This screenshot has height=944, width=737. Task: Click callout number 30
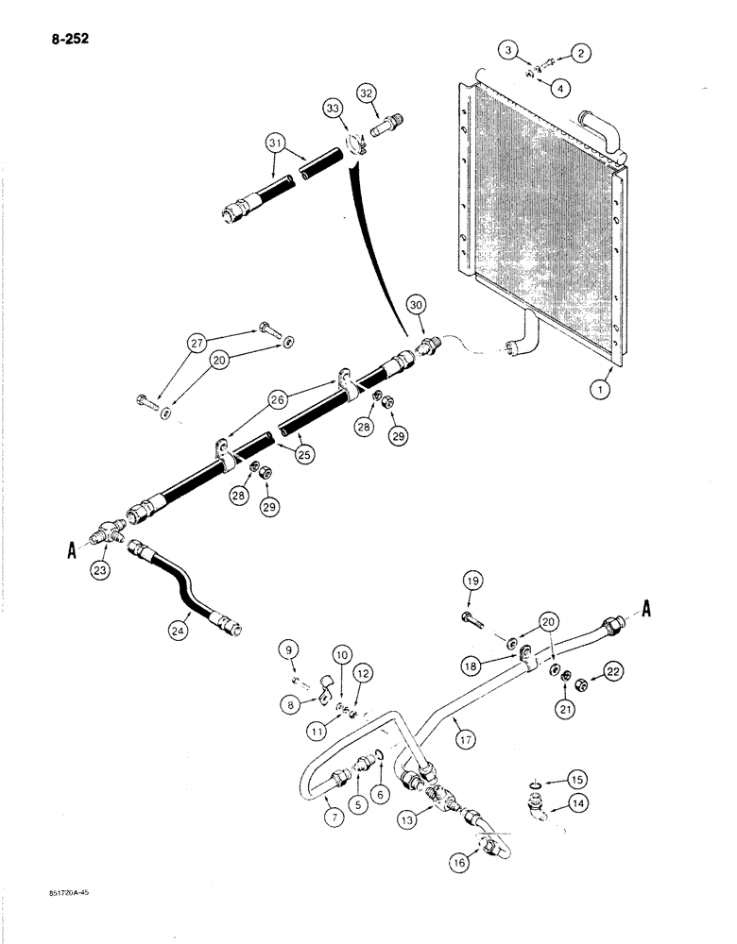tap(415, 304)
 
